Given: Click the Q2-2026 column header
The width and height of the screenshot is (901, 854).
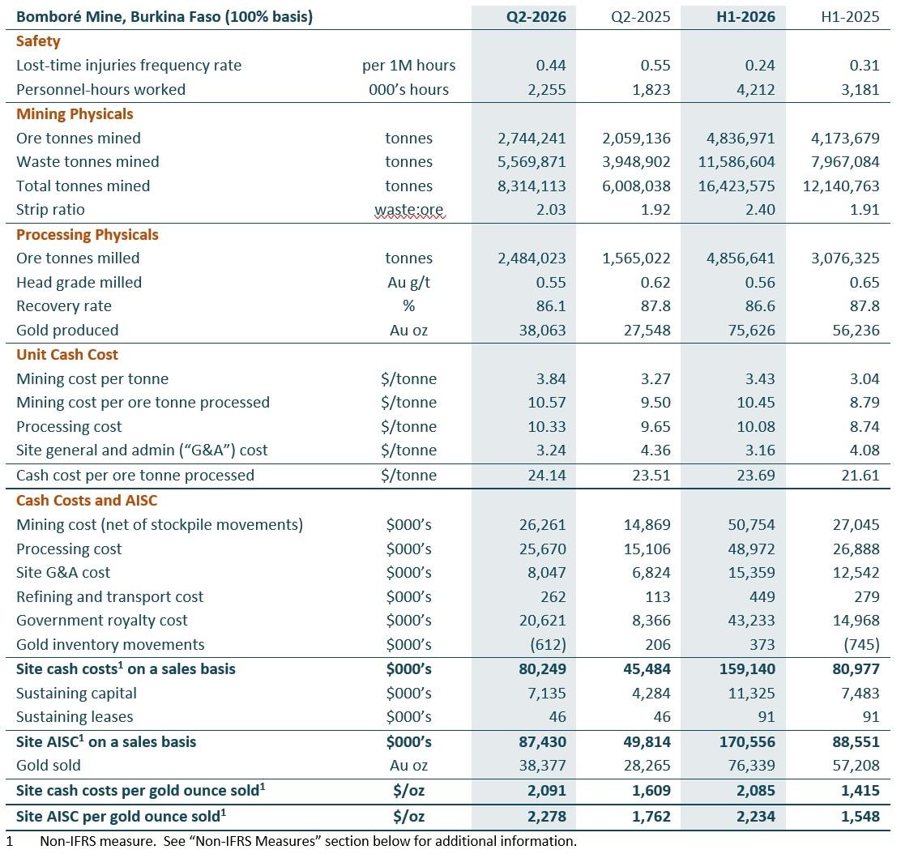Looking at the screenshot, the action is pyautogui.click(x=536, y=17).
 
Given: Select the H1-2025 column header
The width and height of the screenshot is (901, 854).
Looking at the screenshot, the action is pyautogui.click(x=850, y=17).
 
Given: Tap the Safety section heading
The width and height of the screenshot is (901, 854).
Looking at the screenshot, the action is pyautogui.click(x=38, y=41).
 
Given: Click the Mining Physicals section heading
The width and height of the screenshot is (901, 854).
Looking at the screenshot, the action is pyautogui.click(x=75, y=113).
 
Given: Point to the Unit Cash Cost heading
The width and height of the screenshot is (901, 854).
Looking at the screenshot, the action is pyautogui.click(x=67, y=355).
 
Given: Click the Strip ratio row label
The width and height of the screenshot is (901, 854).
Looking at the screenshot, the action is pyautogui.click(x=50, y=210).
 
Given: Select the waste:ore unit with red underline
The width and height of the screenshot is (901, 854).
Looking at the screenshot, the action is pyautogui.click(x=408, y=211).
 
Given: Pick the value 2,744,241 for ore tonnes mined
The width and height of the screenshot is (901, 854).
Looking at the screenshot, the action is pyautogui.click(x=532, y=139).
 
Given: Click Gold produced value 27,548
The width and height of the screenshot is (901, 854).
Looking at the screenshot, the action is pyautogui.click(x=647, y=331).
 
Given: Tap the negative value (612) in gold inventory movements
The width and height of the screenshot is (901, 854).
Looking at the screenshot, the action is pyautogui.click(x=548, y=645).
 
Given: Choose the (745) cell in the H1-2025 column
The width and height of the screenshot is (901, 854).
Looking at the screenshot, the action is pyautogui.click(x=861, y=645).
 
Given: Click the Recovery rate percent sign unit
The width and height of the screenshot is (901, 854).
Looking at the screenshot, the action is pyautogui.click(x=408, y=306).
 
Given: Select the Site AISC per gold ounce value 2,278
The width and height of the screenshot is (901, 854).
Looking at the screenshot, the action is pyautogui.click(x=546, y=817).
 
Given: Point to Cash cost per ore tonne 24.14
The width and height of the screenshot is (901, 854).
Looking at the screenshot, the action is pyautogui.click(x=546, y=476).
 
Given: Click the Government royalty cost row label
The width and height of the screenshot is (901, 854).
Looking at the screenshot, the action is pyautogui.click(x=102, y=621).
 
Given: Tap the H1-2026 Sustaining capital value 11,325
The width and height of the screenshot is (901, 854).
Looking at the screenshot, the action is pyautogui.click(x=751, y=694).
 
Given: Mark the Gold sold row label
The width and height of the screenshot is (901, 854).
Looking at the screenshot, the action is pyautogui.click(x=49, y=766).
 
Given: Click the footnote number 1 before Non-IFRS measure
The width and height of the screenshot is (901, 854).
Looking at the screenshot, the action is pyautogui.click(x=9, y=841).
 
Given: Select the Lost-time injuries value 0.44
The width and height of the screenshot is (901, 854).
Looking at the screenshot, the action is pyautogui.click(x=550, y=66).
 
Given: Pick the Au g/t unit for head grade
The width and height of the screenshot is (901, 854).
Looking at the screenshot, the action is pyautogui.click(x=408, y=283).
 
